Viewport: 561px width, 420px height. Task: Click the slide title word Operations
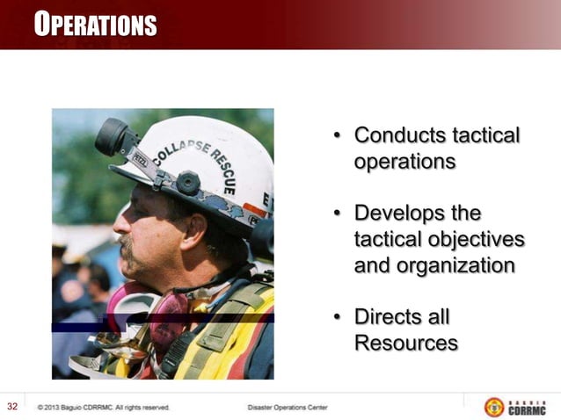(x=96, y=25)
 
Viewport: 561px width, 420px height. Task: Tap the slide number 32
(x=13, y=406)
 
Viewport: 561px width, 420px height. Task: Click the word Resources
(x=405, y=343)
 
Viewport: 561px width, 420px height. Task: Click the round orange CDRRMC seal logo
(x=494, y=407)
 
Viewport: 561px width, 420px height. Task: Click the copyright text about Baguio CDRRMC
(x=104, y=408)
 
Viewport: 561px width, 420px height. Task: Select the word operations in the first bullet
(x=404, y=163)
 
